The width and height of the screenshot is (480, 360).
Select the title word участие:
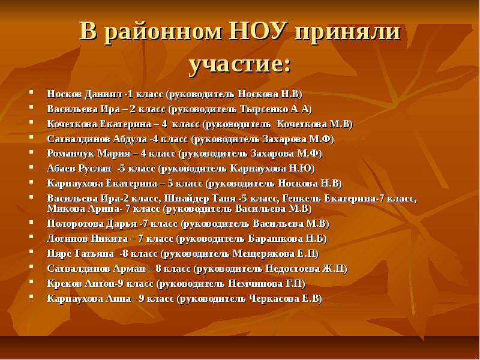[240, 64]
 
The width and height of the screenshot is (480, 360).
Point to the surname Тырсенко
[264, 109]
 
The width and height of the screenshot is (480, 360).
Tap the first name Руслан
[96, 168]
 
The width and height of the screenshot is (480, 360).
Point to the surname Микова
[62, 208]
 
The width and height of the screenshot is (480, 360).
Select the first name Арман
[128, 268]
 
